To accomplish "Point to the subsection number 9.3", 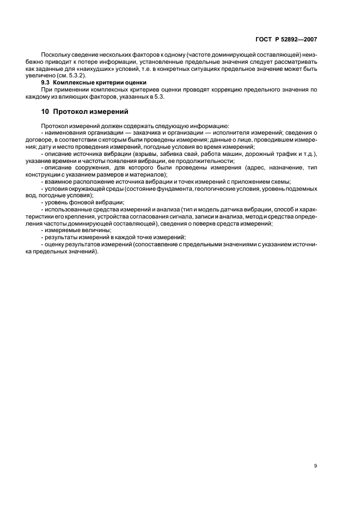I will (47, 82).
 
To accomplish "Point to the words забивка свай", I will (177, 154).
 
